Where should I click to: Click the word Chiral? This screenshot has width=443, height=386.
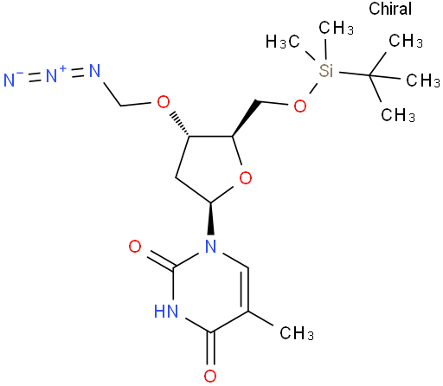[x=390, y=9]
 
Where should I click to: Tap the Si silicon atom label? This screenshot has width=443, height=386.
[x=326, y=70]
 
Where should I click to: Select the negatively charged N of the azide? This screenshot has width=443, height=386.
[x=10, y=80]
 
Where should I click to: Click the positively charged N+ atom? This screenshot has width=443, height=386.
[x=51, y=75]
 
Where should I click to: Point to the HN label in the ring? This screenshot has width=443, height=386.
[x=166, y=311]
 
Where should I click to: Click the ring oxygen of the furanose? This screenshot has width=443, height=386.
[x=246, y=177]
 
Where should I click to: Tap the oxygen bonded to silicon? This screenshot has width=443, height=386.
[x=300, y=106]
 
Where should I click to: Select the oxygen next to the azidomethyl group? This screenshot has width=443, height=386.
[x=164, y=101]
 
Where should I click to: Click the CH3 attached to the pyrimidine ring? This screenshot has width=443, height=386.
[x=297, y=333]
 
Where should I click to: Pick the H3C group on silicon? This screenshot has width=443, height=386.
[x=283, y=42]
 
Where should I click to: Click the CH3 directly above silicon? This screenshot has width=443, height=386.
[x=336, y=28]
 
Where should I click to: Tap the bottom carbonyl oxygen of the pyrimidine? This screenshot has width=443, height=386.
[x=210, y=376]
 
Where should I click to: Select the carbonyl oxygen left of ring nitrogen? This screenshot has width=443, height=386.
[x=135, y=247]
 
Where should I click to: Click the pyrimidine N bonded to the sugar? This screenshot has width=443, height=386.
[x=211, y=247]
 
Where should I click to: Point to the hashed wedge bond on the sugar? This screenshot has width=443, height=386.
[x=180, y=125]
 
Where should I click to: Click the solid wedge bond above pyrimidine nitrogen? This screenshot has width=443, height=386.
[x=211, y=218]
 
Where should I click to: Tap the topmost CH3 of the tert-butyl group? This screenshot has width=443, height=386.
[x=406, y=41]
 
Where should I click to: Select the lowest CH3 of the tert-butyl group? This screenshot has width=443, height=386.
[x=398, y=115]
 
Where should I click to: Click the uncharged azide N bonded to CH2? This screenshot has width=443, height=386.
[x=94, y=71]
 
